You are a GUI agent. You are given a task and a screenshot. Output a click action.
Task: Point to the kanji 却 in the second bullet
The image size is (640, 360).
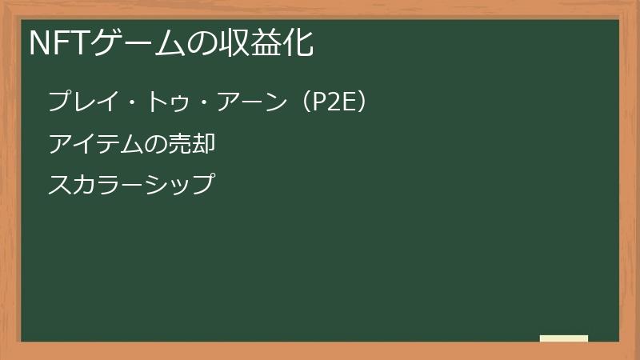click(x=204, y=144)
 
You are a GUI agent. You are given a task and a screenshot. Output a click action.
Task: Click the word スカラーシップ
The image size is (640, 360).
click(x=131, y=184)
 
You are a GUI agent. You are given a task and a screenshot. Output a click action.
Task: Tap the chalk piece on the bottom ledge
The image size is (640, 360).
click(x=564, y=338)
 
